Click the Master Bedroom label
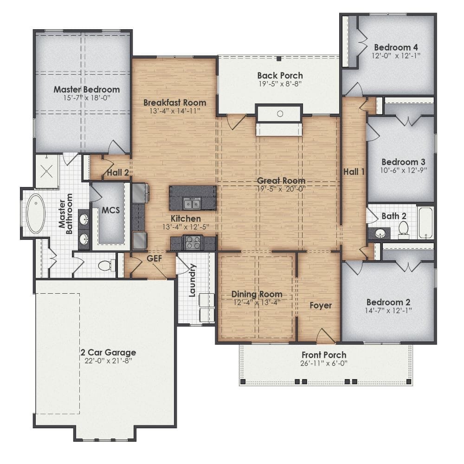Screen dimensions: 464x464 point(87,90)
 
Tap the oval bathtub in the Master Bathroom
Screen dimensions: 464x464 point(36,213)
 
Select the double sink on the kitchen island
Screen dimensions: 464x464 point(192,204)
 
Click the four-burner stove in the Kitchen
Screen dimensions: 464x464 point(193,242)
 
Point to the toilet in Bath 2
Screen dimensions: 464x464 point(403,230)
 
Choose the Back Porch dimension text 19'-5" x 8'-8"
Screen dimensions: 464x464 point(280,84)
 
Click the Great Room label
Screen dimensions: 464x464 point(281,180)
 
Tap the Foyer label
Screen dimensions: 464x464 point(321,305)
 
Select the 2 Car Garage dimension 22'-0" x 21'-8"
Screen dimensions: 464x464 point(108,361)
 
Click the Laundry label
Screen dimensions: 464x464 point(193,280)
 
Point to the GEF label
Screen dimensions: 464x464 point(155,258)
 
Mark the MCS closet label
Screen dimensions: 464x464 point(111,210)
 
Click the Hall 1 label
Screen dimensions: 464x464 point(354,172)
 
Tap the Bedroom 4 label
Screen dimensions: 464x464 point(396,47)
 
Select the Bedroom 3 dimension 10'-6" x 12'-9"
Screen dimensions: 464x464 point(404,170)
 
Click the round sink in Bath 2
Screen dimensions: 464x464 point(380,234)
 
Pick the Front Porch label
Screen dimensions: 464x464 point(324,355)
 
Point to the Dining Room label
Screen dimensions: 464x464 point(257,294)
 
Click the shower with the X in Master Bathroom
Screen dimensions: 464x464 point(47,171)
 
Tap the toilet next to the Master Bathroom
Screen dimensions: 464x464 point(106,265)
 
